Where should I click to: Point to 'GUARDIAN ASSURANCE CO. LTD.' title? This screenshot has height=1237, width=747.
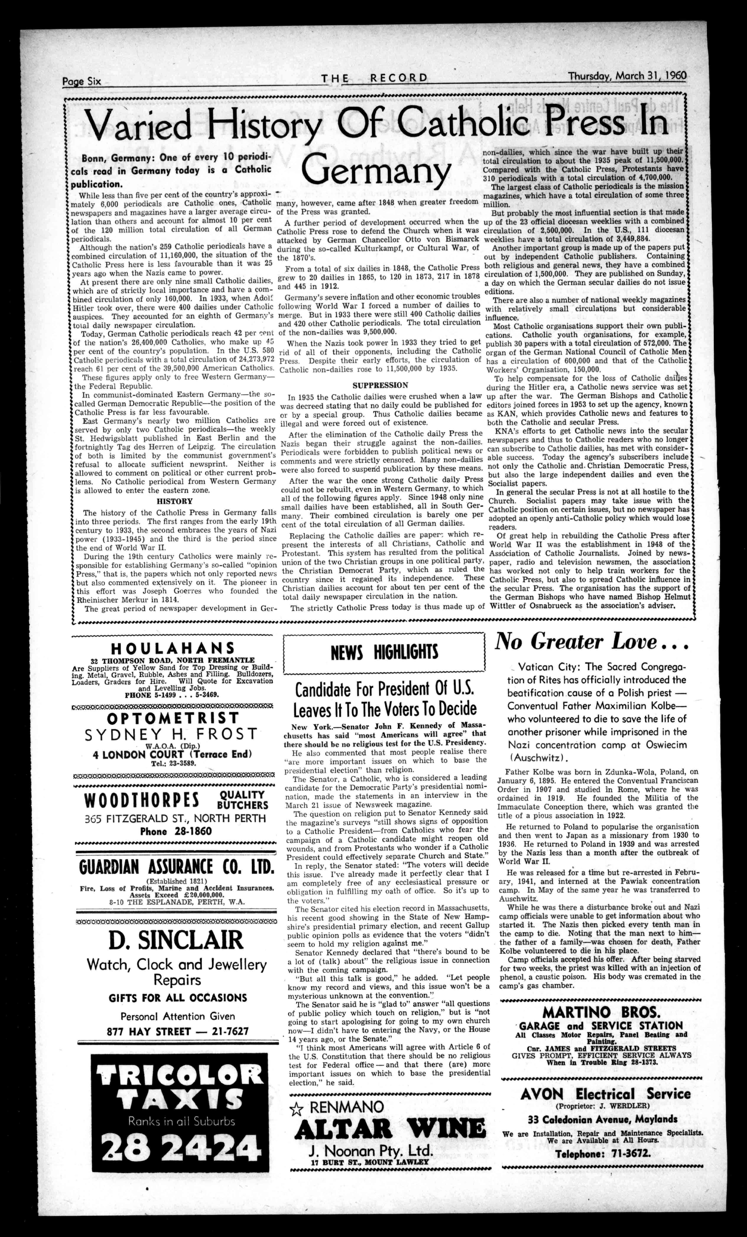[x=177, y=867]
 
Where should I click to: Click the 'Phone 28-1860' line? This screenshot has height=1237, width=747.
[x=175, y=831]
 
